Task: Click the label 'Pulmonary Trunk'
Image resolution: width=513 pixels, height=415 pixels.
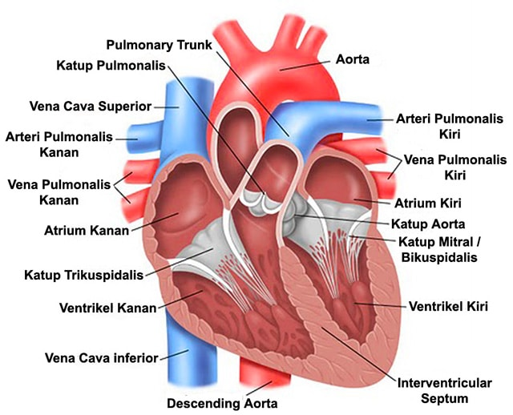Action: pos(164,46)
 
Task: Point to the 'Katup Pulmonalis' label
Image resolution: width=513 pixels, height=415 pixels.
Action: pos(111,63)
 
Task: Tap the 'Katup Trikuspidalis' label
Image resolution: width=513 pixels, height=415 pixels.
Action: pos(81,275)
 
